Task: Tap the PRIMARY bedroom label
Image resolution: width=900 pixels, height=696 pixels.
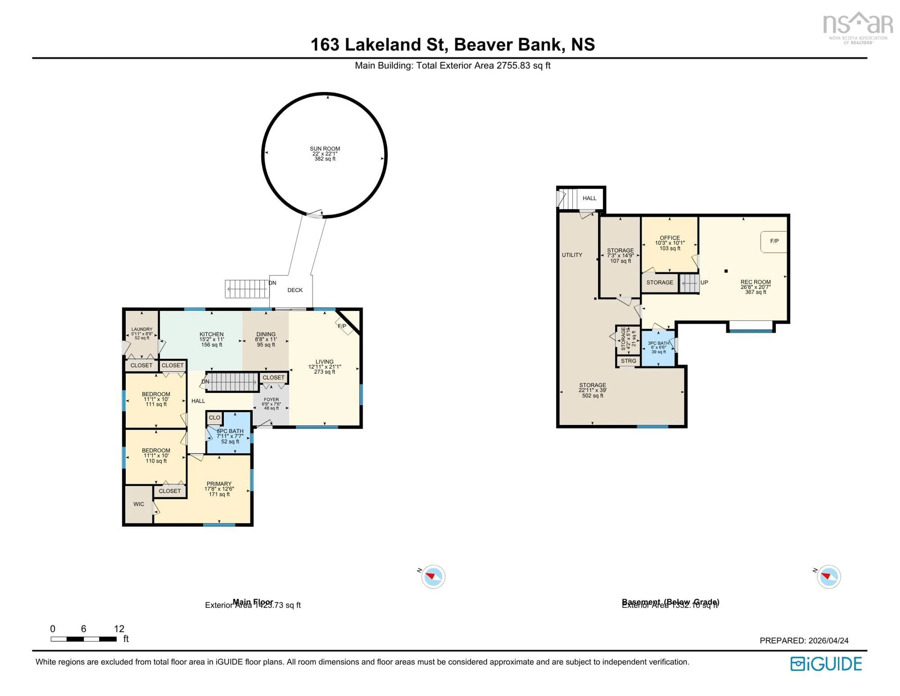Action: (x=219, y=484)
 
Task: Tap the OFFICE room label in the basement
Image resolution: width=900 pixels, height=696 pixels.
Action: (x=670, y=238)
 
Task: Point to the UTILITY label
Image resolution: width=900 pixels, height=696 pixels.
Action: (x=572, y=255)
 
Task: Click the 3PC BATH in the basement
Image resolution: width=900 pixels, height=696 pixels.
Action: (x=658, y=343)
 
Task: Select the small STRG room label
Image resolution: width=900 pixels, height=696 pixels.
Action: (x=628, y=361)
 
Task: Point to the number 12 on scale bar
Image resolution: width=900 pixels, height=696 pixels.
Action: (x=119, y=629)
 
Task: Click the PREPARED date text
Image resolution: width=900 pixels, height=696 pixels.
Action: (x=804, y=640)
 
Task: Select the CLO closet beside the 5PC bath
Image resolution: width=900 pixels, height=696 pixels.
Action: (x=214, y=418)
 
